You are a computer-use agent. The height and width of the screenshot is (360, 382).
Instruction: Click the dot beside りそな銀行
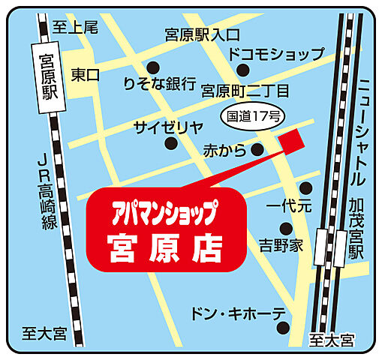(152, 66)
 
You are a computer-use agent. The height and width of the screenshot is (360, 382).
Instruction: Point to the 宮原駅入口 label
(203, 34)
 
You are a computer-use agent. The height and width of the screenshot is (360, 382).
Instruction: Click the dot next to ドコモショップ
(242, 70)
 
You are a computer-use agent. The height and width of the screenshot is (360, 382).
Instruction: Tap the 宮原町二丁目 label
(245, 91)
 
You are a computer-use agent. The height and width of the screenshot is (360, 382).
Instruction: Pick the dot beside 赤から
(257, 150)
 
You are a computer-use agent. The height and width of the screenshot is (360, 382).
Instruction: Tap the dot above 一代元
(305, 187)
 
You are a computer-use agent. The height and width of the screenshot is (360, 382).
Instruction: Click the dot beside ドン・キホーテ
(281, 327)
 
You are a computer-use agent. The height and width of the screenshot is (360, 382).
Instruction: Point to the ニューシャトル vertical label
(365, 131)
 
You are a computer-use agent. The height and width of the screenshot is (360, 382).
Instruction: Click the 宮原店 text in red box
(164, 245)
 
